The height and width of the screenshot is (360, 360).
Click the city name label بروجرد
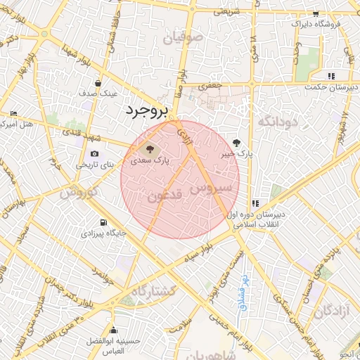[x=148, y=111]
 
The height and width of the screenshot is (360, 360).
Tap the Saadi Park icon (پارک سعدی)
[x=148, y=148]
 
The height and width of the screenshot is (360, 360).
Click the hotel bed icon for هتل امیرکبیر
[x=13, y=114]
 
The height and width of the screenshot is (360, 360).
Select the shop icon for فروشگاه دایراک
[x=315, y=14]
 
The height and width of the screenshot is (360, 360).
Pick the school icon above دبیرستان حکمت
[x=330, y=76]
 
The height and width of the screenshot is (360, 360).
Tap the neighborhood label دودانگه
[x=279, y=122]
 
